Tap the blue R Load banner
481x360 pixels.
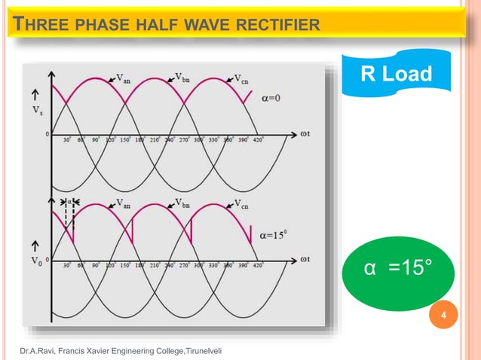click(x=396, y=74)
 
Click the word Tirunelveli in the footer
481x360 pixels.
click(x=204, y=351)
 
